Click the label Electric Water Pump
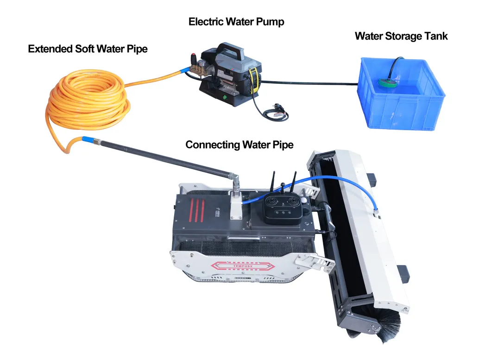point(236,22)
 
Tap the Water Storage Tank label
point(401,36)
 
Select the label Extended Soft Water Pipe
point(88,49)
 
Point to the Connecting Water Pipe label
point(239,145)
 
